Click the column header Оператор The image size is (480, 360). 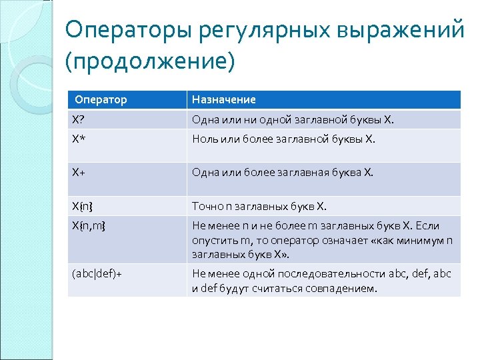click(x=101, y=99)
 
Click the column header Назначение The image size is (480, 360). click(x=223, y=99)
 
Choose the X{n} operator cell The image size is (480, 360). click(x=83, y=205)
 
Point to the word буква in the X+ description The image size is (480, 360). click(x=343, y=173)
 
